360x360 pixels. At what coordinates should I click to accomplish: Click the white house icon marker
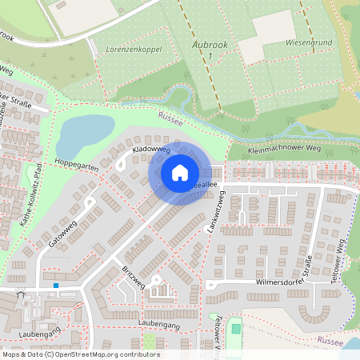click(180, 173)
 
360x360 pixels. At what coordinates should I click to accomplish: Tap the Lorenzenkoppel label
click(134, 50)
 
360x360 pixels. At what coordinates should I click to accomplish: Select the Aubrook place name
click(210, 46)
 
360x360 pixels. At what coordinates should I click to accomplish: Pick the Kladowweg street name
click(152, 149)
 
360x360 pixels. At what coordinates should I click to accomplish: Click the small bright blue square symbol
click(57, 285)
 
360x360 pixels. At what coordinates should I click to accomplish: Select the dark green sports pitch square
click(234, 327)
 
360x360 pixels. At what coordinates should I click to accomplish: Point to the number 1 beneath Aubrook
click(210, 57)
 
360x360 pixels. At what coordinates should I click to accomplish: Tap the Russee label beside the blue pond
click(170, 119)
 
